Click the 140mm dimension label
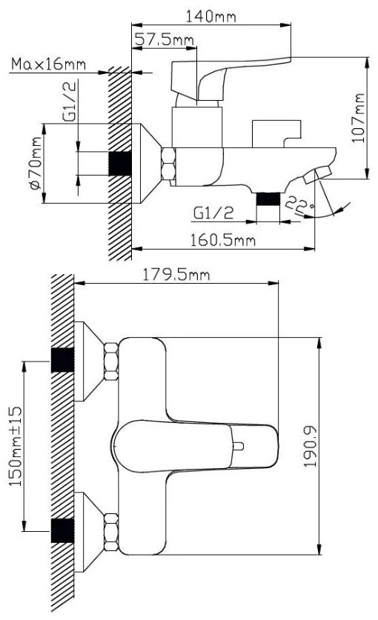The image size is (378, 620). [210, 16]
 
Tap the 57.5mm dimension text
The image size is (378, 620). [165, 39]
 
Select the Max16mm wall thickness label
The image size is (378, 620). [48, 64]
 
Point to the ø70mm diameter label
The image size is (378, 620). [36, 163]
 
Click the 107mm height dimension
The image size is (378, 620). [358, 118]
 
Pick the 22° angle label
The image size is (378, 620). [299, 204]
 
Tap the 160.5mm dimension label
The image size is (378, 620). [223, 240]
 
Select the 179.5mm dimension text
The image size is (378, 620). [176, 274]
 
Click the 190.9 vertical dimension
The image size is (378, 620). [311, 447]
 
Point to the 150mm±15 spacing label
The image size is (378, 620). [16, 446]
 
